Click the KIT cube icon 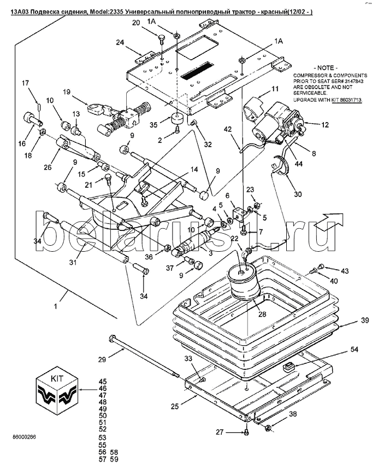[57, 391]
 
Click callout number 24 [120, 43]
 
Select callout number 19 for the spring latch [66, 92]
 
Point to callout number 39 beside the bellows [364, 320]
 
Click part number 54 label [354, 349]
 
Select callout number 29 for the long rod [102, 359]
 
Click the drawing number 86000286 [24, 437]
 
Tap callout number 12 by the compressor [325, 125]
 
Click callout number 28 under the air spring [262, 314]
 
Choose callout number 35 [153, 124]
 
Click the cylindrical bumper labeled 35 [177, 118]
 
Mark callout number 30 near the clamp [298, 194]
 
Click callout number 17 [26, 83]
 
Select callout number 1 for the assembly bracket [56, 306]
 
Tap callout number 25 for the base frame [175, 406]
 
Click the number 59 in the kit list [114, 459]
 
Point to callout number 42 [227, 130]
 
